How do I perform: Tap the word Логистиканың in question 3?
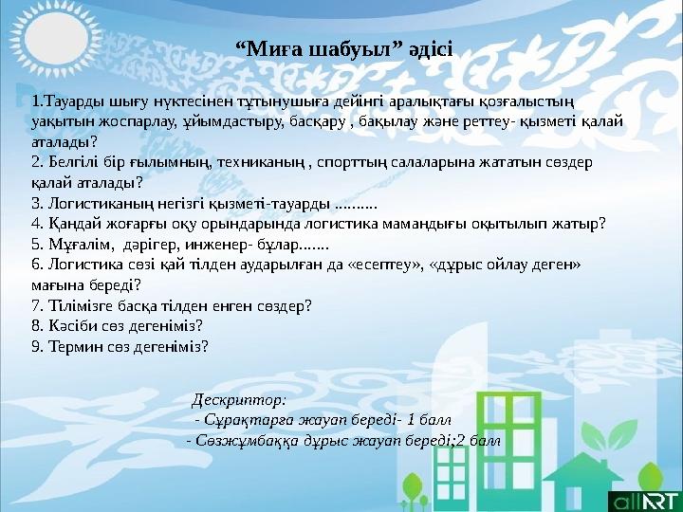tap(98, 203)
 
